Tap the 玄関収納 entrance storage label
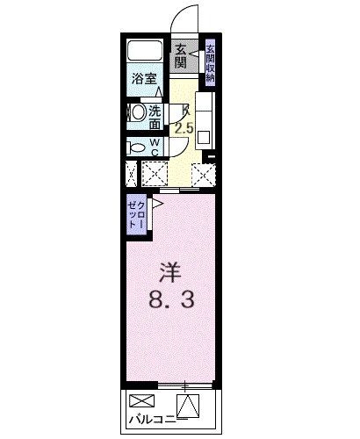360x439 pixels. [211, 62]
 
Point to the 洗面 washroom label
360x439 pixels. [154, 116]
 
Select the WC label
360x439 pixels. [155, 146]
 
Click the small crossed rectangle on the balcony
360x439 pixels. [140, 400]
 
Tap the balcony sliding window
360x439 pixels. [184, 385]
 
